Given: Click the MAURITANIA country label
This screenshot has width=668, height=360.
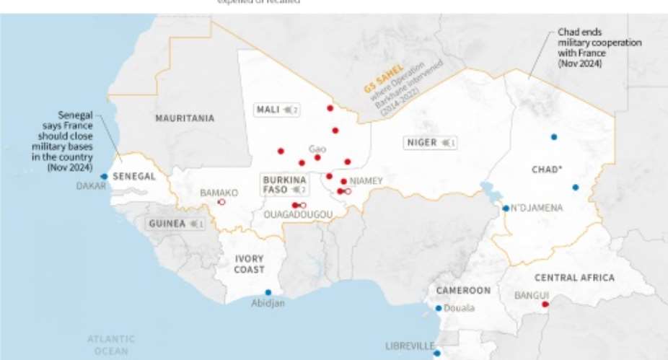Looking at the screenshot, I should (185, 118).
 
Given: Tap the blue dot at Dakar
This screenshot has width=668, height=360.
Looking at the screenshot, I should (105, 176).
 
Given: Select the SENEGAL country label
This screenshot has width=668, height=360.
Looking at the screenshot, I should (134, 177).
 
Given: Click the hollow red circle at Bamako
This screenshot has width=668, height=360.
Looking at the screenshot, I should (221, 202).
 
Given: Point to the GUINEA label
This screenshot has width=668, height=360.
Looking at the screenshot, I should (167, 224).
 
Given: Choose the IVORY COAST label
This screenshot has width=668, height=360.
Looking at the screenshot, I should (250, 264).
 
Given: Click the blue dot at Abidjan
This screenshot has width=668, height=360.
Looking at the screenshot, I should (268, 292).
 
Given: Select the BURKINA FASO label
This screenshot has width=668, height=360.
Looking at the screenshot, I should (284, 184).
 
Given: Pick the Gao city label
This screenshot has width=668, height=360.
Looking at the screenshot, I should (317, 149).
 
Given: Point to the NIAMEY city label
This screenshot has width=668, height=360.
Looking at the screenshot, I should (366, 181).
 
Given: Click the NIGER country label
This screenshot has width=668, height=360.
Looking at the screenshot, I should (422, 143).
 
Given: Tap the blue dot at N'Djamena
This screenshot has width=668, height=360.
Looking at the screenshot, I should (506, 208).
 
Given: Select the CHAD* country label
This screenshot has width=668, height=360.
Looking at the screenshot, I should (547, 170).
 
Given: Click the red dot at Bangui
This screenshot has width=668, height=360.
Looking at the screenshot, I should (545, 304).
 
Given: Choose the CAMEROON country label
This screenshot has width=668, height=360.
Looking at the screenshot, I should (463, 291).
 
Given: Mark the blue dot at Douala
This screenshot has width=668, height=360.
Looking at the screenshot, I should (439, 308).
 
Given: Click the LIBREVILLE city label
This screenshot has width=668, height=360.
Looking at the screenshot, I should (410, 346).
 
